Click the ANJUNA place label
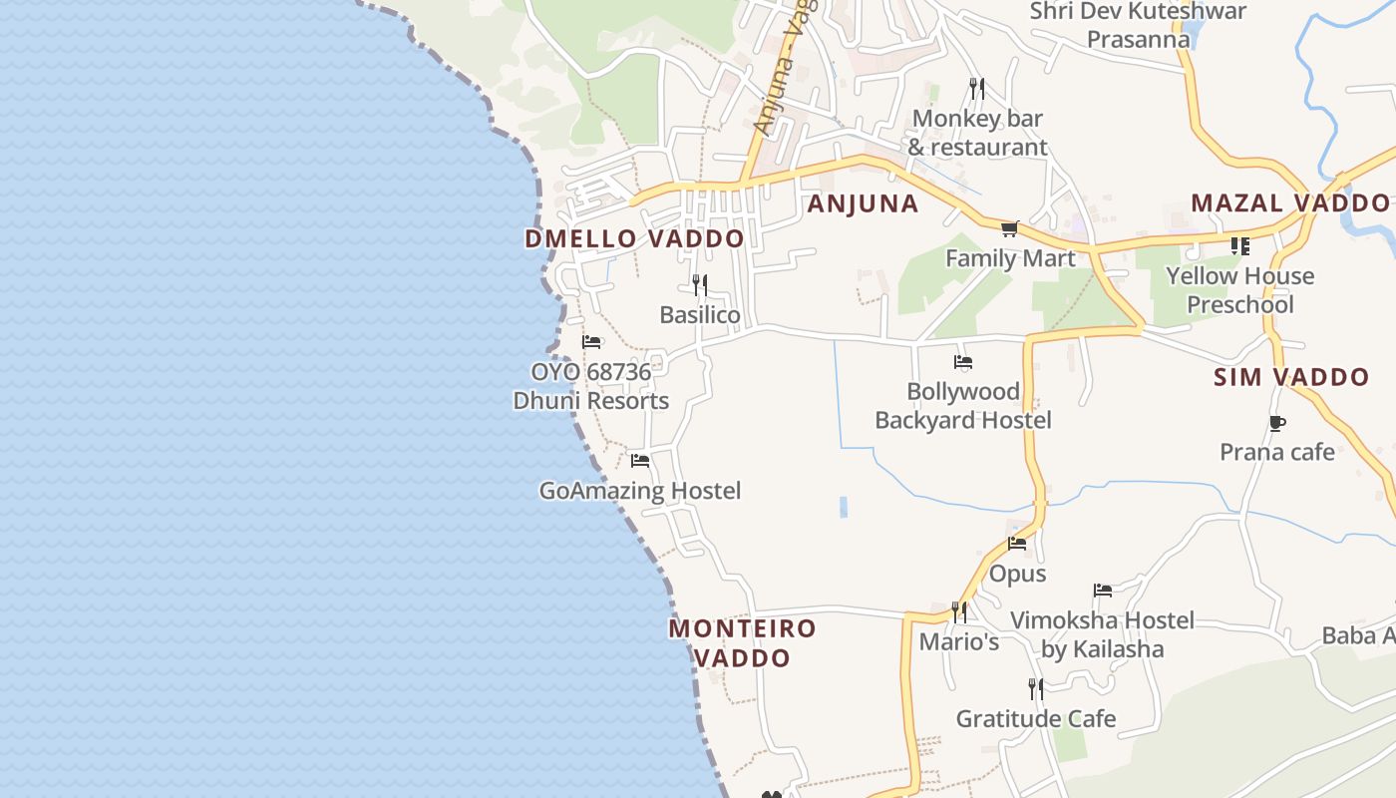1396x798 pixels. tap(862, 204)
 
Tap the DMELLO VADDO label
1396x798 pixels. tap(634, 239)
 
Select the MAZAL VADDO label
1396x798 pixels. tap(1289, 203)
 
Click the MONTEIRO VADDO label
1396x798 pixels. tap(742, 643)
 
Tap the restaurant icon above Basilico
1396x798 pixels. tap(700, 285)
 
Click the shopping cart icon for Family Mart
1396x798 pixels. tap(1010, 229)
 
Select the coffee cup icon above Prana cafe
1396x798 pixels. tap(1276, 423)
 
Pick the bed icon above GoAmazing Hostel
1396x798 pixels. tap(640, 461)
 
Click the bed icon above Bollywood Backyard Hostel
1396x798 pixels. tap(962, 362)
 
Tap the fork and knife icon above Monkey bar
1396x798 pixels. tap(977, 89)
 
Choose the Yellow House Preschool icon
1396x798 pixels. tap(1240, 245)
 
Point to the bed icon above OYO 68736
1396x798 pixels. tap(591, 342)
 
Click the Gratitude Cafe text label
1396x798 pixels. tap(1036, 718)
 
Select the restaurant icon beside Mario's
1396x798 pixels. tap(958, 610)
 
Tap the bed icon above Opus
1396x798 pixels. tap(1017, 544)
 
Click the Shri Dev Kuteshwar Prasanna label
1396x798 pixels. tap(1138, 26)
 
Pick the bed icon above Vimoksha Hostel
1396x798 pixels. tap(1102, 591)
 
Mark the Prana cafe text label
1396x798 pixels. tap(1276, 453)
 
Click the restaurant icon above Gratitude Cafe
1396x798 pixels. tap(1036, 688)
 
